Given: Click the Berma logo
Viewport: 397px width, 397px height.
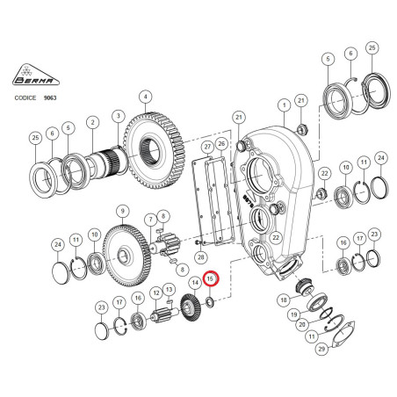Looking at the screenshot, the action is pos(36,75).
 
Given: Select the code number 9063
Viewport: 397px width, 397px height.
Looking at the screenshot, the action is pos(50,97).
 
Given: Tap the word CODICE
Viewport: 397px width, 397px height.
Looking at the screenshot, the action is pos(25,97).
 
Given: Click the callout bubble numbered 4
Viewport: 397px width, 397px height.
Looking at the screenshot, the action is pos(146,97).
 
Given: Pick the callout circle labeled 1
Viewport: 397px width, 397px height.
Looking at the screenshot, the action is pos(284,105).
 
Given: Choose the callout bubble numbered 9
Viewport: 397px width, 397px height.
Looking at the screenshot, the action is pos(122,212).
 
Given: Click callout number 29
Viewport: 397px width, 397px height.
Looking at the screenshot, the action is pos(321,349).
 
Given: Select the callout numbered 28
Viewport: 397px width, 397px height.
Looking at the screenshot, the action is pos(201,257).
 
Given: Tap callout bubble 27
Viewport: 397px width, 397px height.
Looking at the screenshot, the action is pos(207,147).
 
